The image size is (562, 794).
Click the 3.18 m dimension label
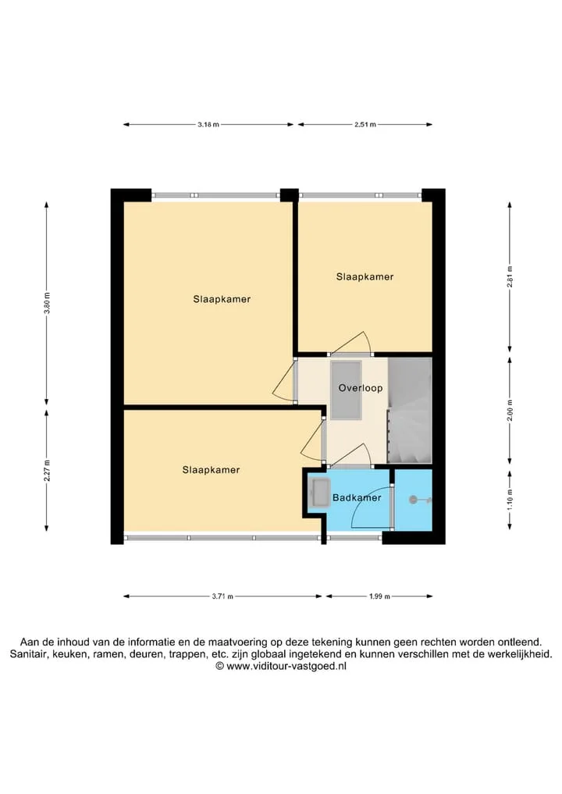pyautogui.click(x=208, y=125)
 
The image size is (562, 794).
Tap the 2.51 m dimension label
pyautogui.click(x=365, y=125)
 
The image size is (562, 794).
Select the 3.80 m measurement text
pyautogui.click(x=47, y=303)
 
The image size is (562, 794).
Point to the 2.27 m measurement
pyautogui.click(x=47, y=471)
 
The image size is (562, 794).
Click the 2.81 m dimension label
pyautogui.click(x=510, y=277)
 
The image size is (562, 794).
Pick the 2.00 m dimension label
pyautogui.click(x=510, y=410)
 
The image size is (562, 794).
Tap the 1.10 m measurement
pyautogui.click(x=510, y=500)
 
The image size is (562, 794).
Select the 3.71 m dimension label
pyautogui.click(x=222, y=596)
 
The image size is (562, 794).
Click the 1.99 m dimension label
pyautogui.click(x=379, y=596)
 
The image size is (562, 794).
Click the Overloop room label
pyautogui.click(x=361, y=388)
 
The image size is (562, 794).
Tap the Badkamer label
pyautogui.click(x=357, y=498)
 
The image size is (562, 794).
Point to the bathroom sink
pyautogui.click(x=320, y=493)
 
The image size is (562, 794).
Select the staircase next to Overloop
pyautogui.click(x=410, y=411)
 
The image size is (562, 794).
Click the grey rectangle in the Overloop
pyautogui.click(x=346, y=390)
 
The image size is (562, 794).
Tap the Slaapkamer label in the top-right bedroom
pyautogui.click(x=365, y=277)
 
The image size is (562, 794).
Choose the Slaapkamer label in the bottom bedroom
pyautogui.click(x=211, y=470)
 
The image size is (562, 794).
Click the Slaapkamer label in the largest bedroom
pyautogui.click(x=222, y=299)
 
